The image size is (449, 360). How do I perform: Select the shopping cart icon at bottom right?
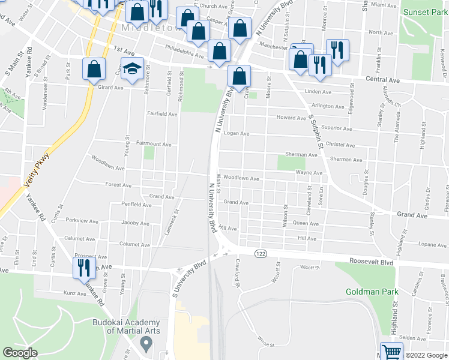(x=391, y=352)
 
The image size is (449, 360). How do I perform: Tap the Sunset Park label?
(x=424, y=12)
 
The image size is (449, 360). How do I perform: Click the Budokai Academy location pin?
(x=145, y=344)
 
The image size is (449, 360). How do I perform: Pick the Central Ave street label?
(x=384, y=79)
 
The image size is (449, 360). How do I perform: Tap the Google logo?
(x=20, y=353)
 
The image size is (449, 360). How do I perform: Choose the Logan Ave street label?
(x=236, y=134)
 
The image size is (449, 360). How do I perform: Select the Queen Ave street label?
(x=306, y=223)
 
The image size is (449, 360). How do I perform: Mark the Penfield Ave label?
(x=136, y=205)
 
